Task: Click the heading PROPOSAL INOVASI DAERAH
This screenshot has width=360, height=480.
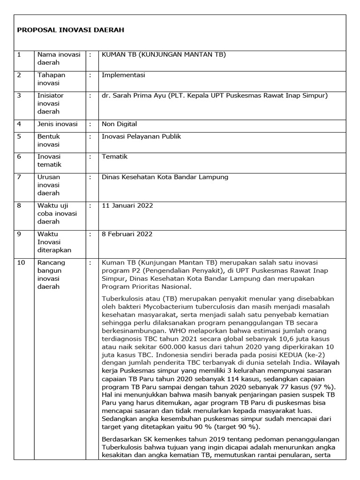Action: tap(70, 30)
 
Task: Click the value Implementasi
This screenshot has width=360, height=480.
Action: tap(123, 75)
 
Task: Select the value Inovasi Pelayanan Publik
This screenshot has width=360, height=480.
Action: tap(141, 136)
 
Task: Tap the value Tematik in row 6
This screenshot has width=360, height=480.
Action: tap(114, 157)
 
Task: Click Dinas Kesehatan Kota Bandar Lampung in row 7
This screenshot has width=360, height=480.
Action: tap(165, 177)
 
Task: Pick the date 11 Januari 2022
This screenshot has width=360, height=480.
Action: tap(127, 205)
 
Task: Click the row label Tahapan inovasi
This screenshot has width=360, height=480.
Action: tap(51, 79)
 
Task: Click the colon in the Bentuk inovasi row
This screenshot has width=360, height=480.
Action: tap(90, 136)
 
